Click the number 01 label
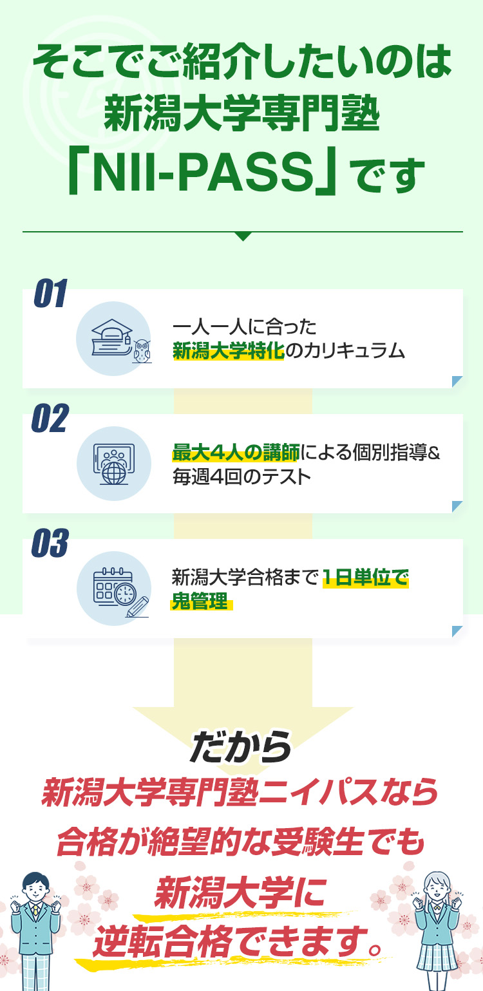pos(50,293)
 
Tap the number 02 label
pos(50,418)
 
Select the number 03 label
pos(50,543)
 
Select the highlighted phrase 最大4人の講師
pos(236,452)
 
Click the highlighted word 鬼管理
pos(200,601)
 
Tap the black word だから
pos(241,747)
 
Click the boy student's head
pos(36,885)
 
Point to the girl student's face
pos(437,888)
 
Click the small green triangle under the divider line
pos(243,236)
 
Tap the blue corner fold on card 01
pos(457,381)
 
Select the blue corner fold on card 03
pos(457,631)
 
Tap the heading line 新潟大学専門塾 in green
pos(242,115)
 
